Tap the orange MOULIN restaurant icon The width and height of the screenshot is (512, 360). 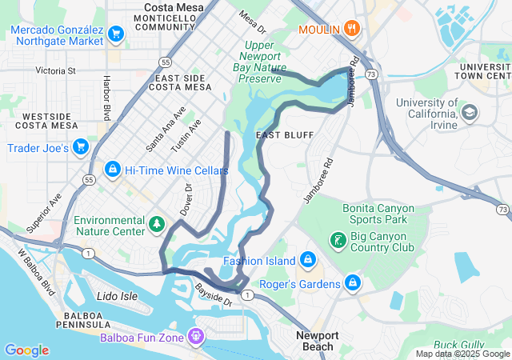coord(353,30)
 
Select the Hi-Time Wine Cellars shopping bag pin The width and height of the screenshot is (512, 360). coord(113,170)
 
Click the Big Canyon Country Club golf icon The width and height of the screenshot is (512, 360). coord(338,239)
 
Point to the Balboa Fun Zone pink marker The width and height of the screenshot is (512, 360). coord(195,336)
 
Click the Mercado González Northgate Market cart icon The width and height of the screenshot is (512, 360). coord(116,34)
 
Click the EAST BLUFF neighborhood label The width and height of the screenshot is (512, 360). coord(284,135)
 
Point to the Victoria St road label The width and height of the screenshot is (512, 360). coord(56,70)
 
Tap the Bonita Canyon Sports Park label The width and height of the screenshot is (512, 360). coord(379,213)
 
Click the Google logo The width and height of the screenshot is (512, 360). coord(26,350)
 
